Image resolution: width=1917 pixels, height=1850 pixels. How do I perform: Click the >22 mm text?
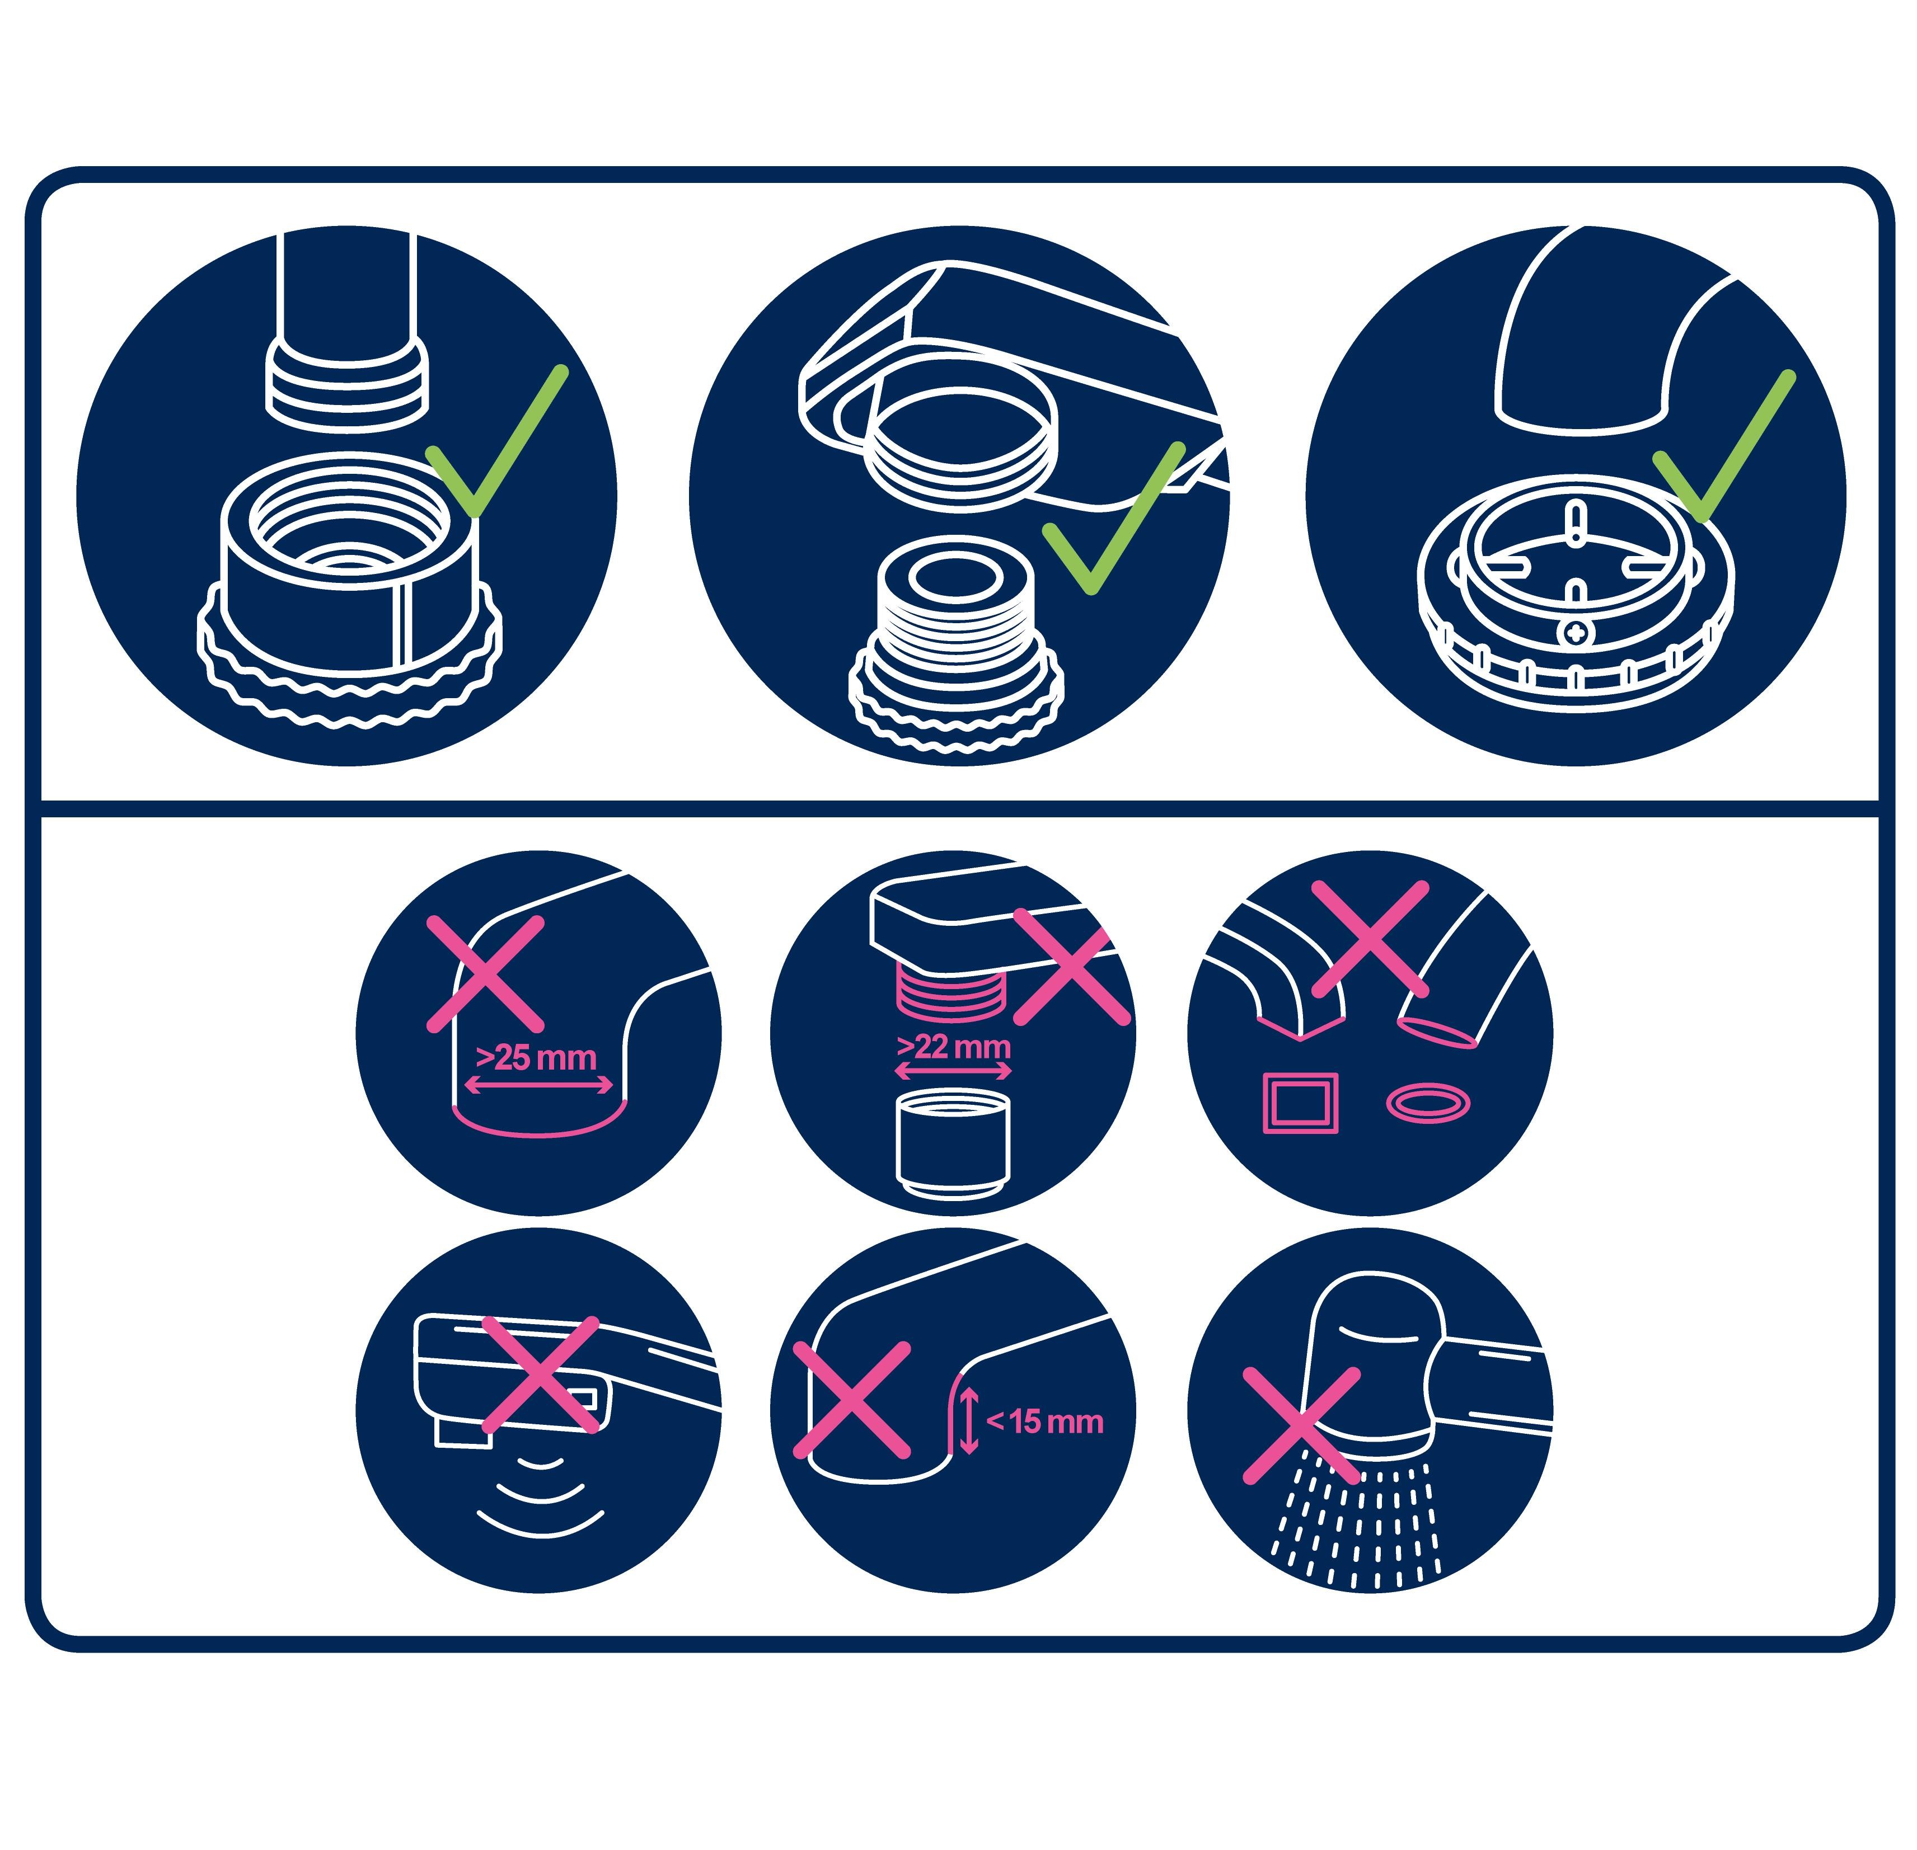(x=954, y=1047)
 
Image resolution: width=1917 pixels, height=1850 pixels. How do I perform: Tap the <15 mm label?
(x=1044, y=1421)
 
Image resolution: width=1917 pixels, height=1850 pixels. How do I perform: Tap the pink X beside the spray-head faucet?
(x=1301, y=1425)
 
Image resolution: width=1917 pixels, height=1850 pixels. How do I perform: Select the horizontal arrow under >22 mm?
(x=954, y=1072)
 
